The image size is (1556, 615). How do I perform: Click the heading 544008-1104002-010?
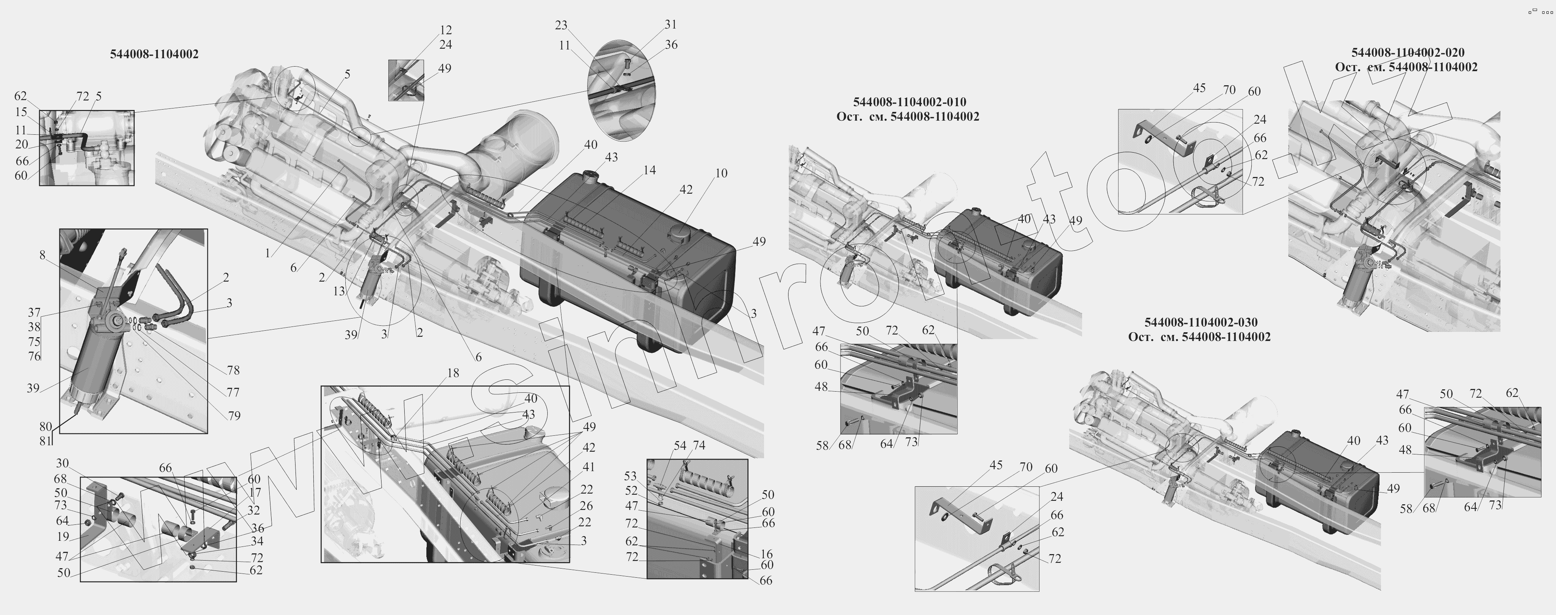click(909, 102)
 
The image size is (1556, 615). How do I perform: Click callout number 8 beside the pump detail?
click(42, 255)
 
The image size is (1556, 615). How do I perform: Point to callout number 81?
click(45, 441)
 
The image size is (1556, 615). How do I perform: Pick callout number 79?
click(234, 416)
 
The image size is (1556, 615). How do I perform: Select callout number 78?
click(233, 370)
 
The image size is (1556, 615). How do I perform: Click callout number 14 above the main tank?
click(649, 170)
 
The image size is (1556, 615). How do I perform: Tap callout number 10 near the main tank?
click(721, 174)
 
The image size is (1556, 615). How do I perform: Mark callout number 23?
click(561, 25)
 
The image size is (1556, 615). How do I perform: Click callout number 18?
click(453, 373)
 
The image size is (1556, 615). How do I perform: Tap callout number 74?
click(699, 445)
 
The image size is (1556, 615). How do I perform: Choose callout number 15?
click(21, 112)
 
